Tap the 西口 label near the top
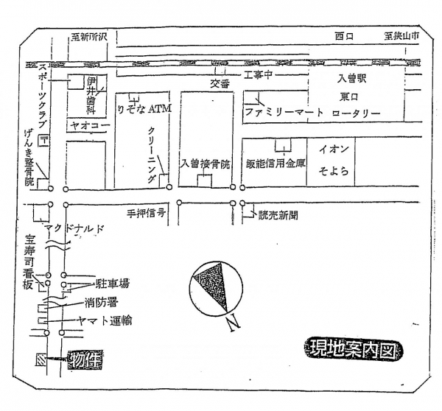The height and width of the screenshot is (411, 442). [x=344, y=36]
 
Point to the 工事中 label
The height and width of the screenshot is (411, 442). [x=259, y=76]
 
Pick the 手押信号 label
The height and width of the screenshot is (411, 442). [x=145, y=211]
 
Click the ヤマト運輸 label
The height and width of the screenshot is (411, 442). [x=107, y=320]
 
